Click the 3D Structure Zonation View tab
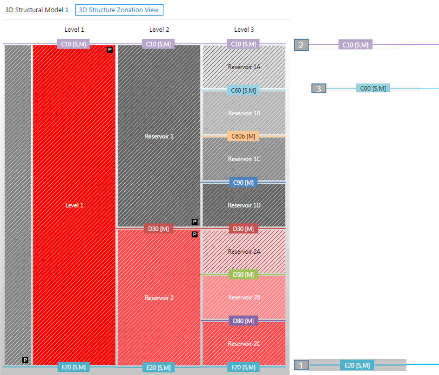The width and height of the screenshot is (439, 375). (119, 9)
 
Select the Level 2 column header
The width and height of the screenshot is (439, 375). (159, 29)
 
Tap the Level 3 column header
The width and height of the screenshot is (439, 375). (244, 29)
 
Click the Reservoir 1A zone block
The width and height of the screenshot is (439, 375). (243, 67)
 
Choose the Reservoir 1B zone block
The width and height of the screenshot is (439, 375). (243, 113)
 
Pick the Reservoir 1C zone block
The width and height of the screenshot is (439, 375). (243, 159)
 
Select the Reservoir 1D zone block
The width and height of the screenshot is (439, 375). (243, 205)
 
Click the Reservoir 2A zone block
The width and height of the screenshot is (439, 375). (243, 251)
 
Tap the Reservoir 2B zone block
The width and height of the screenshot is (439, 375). (243, 298)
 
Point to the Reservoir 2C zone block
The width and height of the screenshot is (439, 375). (243, 344)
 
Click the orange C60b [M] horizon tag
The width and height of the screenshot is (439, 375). (243, 136)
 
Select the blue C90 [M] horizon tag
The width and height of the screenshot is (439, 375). (243, 182)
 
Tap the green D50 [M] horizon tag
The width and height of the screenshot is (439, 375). (243, 275)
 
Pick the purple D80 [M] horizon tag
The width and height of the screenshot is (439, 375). (243, 321)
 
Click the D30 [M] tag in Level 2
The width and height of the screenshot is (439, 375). (159, 229)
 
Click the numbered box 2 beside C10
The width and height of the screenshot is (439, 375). (301, 45)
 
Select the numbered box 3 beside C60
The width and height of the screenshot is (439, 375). (319, 89)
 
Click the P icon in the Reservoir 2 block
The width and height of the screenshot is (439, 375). (195, 235)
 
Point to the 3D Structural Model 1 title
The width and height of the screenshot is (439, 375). (37, 9)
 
